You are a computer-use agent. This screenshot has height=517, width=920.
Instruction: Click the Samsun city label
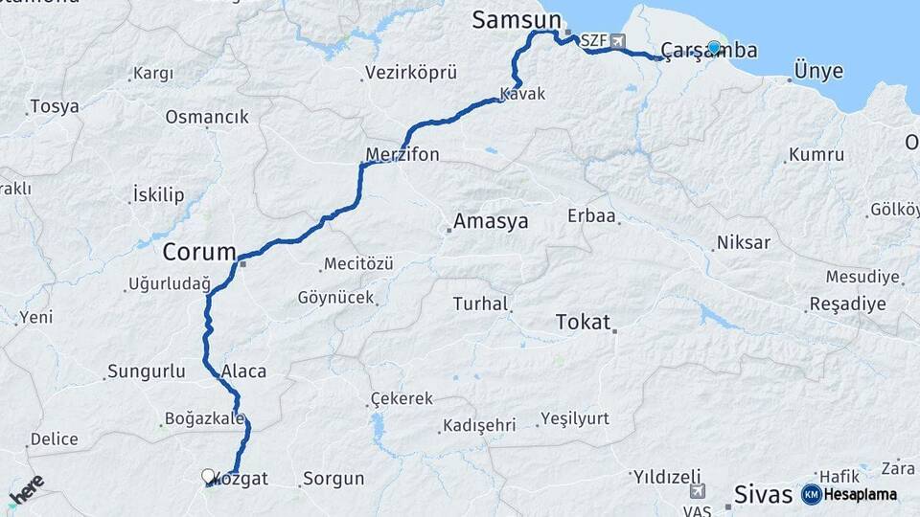point(516,20)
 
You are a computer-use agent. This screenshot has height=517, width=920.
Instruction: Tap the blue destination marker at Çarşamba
point(713,47)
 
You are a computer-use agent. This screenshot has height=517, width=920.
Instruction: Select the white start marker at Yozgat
point(208,475)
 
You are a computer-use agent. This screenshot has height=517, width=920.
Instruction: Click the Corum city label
point(198,253)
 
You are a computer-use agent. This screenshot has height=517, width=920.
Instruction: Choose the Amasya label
point(491,222)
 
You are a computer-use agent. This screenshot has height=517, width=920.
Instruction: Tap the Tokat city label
point(583,323)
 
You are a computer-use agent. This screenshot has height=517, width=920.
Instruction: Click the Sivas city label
point(763,494)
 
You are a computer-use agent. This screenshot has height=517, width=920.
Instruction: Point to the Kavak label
point(522,94)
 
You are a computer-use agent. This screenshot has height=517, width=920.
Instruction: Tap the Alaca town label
point(243,371)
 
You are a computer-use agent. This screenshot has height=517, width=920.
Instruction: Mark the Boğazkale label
point(205,418)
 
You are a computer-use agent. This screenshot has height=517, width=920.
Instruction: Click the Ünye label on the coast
point(818,72)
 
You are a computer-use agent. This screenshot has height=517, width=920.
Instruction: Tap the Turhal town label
point(480,304)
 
